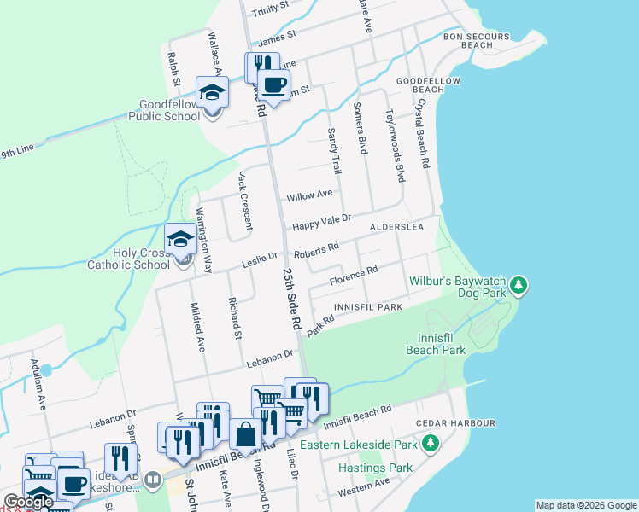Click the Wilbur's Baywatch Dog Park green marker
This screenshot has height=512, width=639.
coord(519,286)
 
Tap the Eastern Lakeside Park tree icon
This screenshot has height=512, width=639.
coord(431,444)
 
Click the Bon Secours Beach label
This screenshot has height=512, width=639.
coord(476,40)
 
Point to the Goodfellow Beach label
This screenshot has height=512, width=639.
coord(419,84)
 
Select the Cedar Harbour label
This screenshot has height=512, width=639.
coord(455,423)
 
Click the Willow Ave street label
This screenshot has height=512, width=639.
coord(309,195)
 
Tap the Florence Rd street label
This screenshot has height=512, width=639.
coord(354,275)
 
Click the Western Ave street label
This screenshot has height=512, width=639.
coord(363,486)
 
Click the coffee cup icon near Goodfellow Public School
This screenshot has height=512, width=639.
coord(273,86)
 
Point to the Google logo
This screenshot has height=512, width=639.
coord(28,503)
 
